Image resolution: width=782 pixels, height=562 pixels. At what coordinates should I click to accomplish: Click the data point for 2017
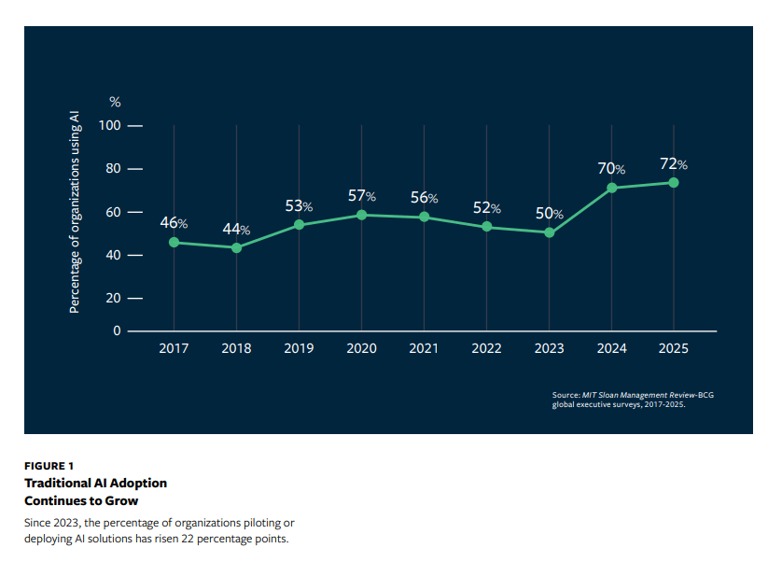[174, 243]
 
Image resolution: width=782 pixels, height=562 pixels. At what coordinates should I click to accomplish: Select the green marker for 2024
[611, 188]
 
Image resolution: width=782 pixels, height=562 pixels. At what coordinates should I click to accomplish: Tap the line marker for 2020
[361, 215]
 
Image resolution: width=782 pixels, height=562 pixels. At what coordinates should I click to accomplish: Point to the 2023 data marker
[549, 232]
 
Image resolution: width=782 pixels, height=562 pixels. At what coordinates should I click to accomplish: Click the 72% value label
[673, 164]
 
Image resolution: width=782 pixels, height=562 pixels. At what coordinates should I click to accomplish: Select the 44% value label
[235, 230]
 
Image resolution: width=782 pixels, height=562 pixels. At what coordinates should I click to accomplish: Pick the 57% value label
[361, 196]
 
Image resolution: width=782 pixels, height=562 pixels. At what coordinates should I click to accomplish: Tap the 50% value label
[549, 214]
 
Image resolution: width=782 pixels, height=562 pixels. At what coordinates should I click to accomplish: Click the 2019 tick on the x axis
[299, 348]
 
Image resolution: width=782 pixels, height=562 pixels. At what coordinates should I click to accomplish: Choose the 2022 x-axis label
[486, 348]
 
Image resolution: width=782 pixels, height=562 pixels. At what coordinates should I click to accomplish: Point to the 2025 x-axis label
[674, 348]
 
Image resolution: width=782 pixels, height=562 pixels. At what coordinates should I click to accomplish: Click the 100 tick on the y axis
[111, 125]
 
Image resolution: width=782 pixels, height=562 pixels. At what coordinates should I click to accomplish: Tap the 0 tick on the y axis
[118, 330]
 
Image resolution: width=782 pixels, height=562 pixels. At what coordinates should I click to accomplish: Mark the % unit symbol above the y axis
[115, 102]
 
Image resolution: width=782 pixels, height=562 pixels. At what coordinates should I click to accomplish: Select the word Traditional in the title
[54, 483]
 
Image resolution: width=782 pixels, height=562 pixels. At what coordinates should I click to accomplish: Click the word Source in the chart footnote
[567, 396]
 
